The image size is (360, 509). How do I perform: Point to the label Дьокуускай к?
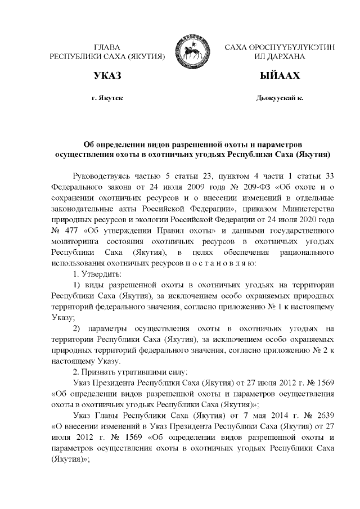click(x=280, y=98)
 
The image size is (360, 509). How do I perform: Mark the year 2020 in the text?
click(x=306, y=220)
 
